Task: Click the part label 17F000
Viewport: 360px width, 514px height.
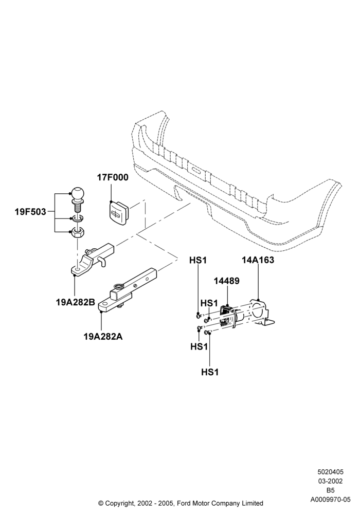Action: coord(113,177)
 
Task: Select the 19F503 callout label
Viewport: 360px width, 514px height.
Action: coord(30,212)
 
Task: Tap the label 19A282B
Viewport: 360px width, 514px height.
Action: coord(76,302)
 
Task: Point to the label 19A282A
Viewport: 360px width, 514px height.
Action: coord(103,336)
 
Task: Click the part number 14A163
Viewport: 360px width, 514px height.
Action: coord(258,260)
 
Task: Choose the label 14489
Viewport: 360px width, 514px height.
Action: coord(227,281)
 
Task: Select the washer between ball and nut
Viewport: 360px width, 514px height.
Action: coord(78,218)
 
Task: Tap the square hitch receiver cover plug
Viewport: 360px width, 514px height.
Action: coord(120,214)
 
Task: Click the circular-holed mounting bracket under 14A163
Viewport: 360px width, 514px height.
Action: coord(261,312)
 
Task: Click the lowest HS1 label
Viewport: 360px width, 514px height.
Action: coord(210,372)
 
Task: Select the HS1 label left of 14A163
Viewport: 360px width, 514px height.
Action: coord(198,260)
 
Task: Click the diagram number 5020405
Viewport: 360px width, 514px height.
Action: coord(330,472)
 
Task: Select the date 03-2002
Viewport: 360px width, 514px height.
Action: coord(330,481)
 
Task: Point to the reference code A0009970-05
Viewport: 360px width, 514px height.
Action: coord(330,500)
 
